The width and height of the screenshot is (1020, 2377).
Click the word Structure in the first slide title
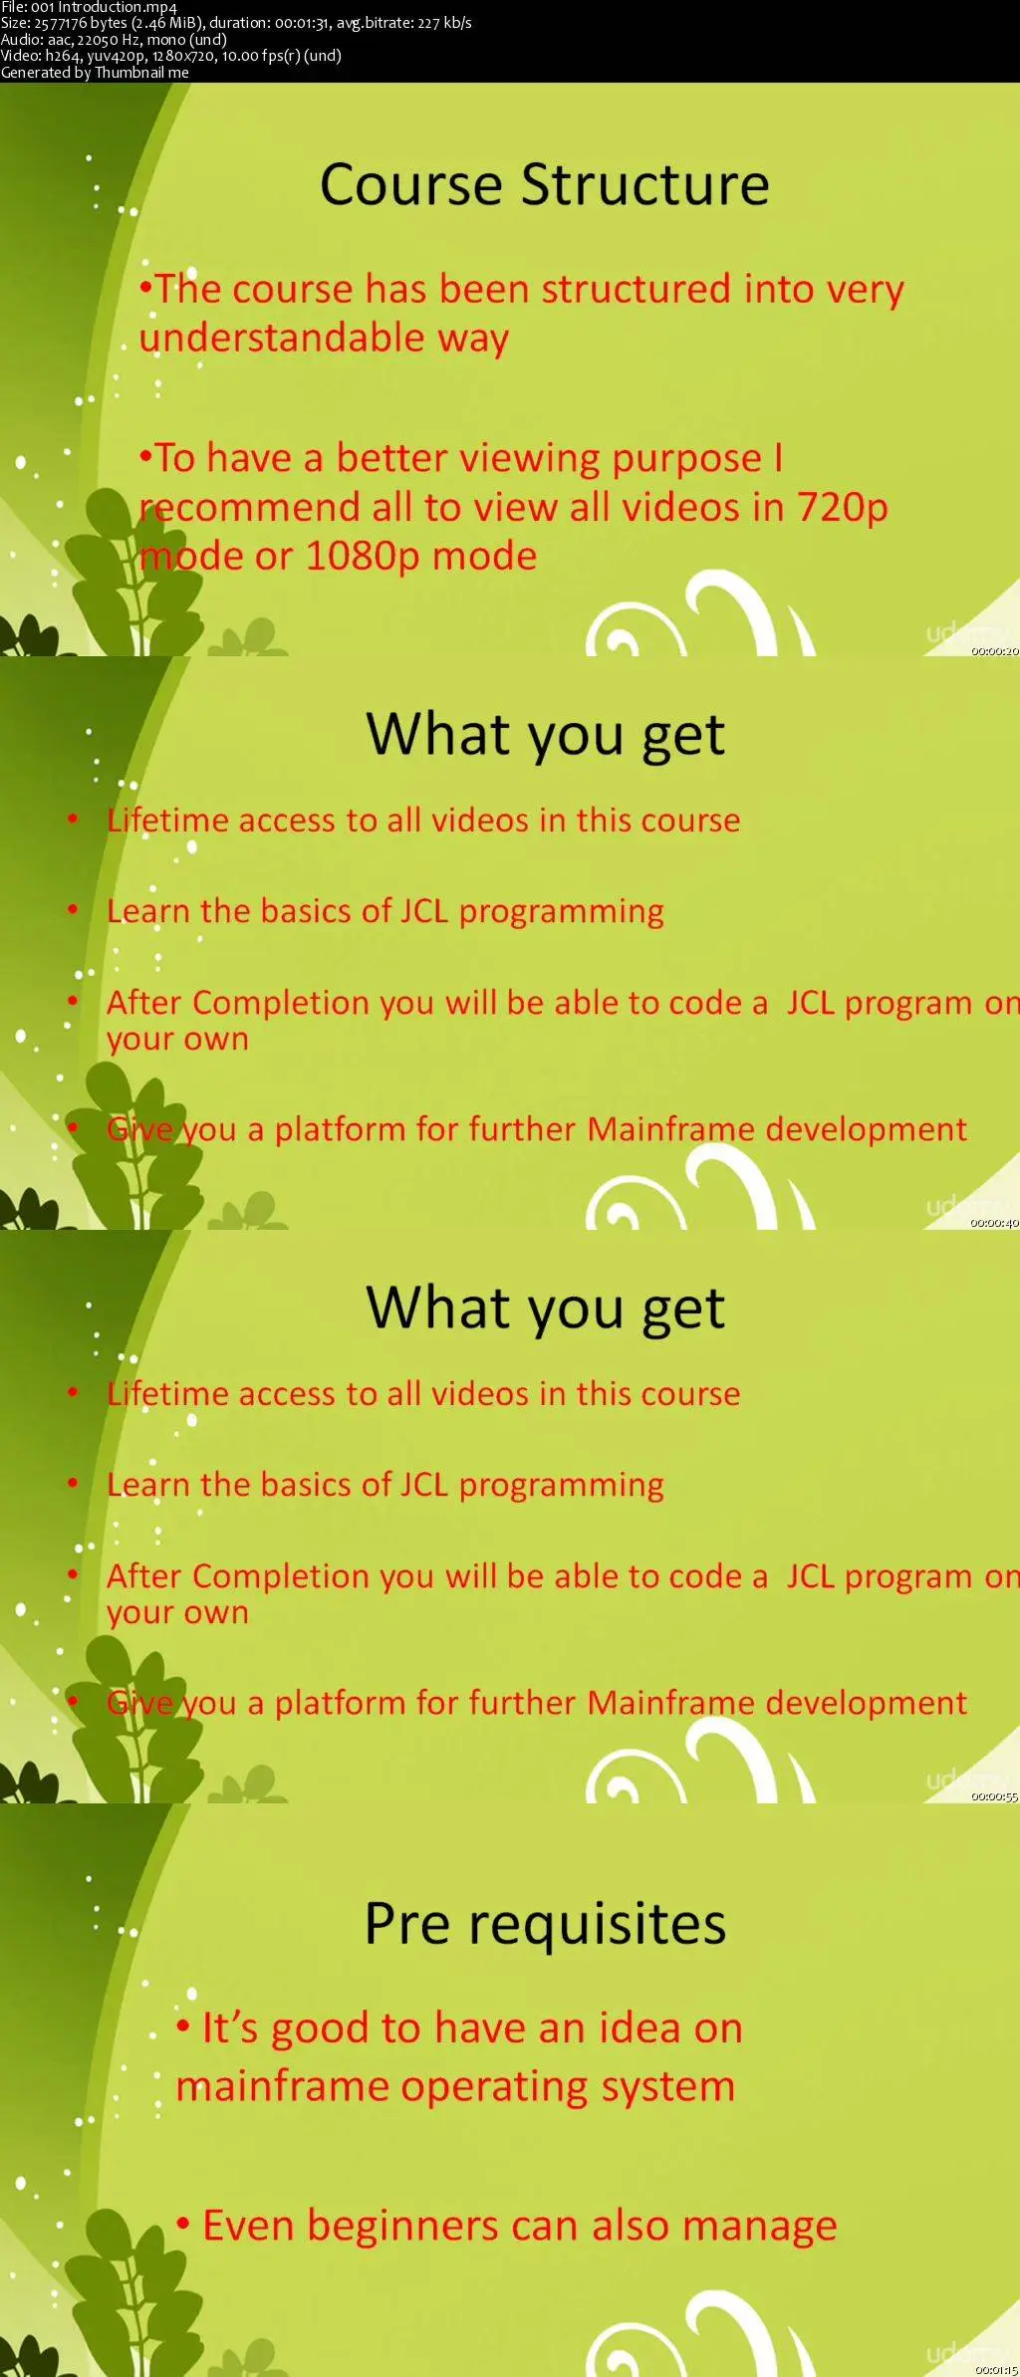click(x=645, y=185)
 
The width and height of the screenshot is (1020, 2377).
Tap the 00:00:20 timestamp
click(x=995, y=651)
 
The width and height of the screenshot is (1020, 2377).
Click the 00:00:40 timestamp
click(x=995, y=1223)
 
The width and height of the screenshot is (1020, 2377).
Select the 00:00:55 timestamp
click(x=995, y=1796)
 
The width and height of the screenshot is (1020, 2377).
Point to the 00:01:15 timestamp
click(x=996, y=2370)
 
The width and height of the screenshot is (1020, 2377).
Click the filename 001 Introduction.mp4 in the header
click(x=104, y=7)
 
